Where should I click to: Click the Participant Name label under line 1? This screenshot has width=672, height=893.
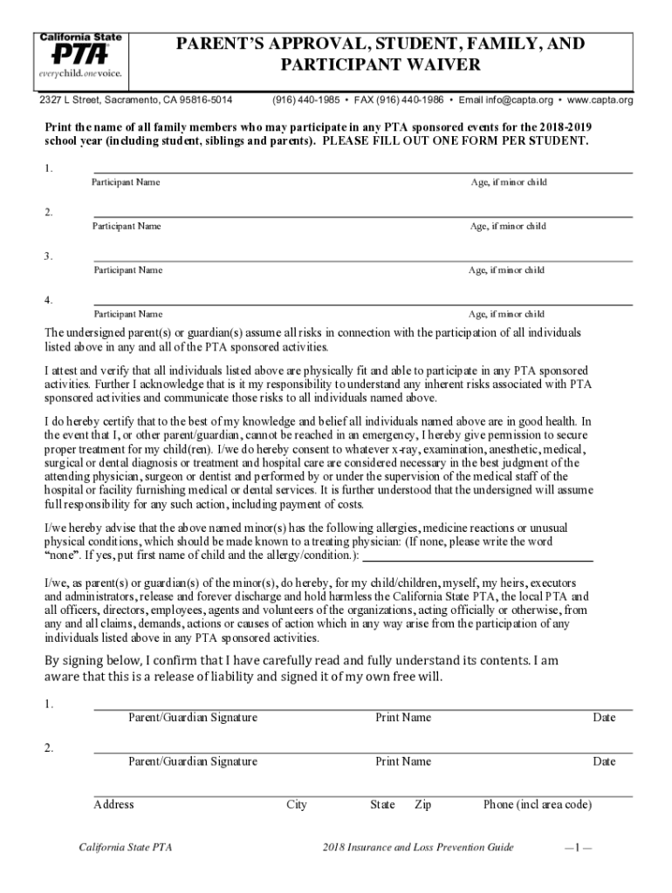pyautogui.click(x=126, y=182)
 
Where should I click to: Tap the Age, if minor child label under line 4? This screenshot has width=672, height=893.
pyautogui.click(x=506, y=314)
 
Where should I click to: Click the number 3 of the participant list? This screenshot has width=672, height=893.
pyautogui.click(x=49, y=256)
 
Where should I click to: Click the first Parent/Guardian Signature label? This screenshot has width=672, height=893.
pyautogui.click(x=193, y=718)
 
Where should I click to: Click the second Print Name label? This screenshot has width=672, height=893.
pyautogui.click(x=403, y=761)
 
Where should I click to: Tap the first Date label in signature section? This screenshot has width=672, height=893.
pyautogui.click(x=604, y=718)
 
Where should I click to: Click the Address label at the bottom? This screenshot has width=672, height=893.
pyautogui.click(x=113, y=805)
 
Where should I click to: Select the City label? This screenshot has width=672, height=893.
pyautogui.click(x=297, y=805)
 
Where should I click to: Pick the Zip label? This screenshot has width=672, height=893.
pyautogui.click(x=423, y=805)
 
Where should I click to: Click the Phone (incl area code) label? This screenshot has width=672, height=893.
pyautogui.click(x=538, y=805)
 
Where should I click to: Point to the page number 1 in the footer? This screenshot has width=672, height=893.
pyautogui.click(x=579, y=848)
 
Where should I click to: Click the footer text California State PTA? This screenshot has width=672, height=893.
pyautogui.click(x=119, y=848)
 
